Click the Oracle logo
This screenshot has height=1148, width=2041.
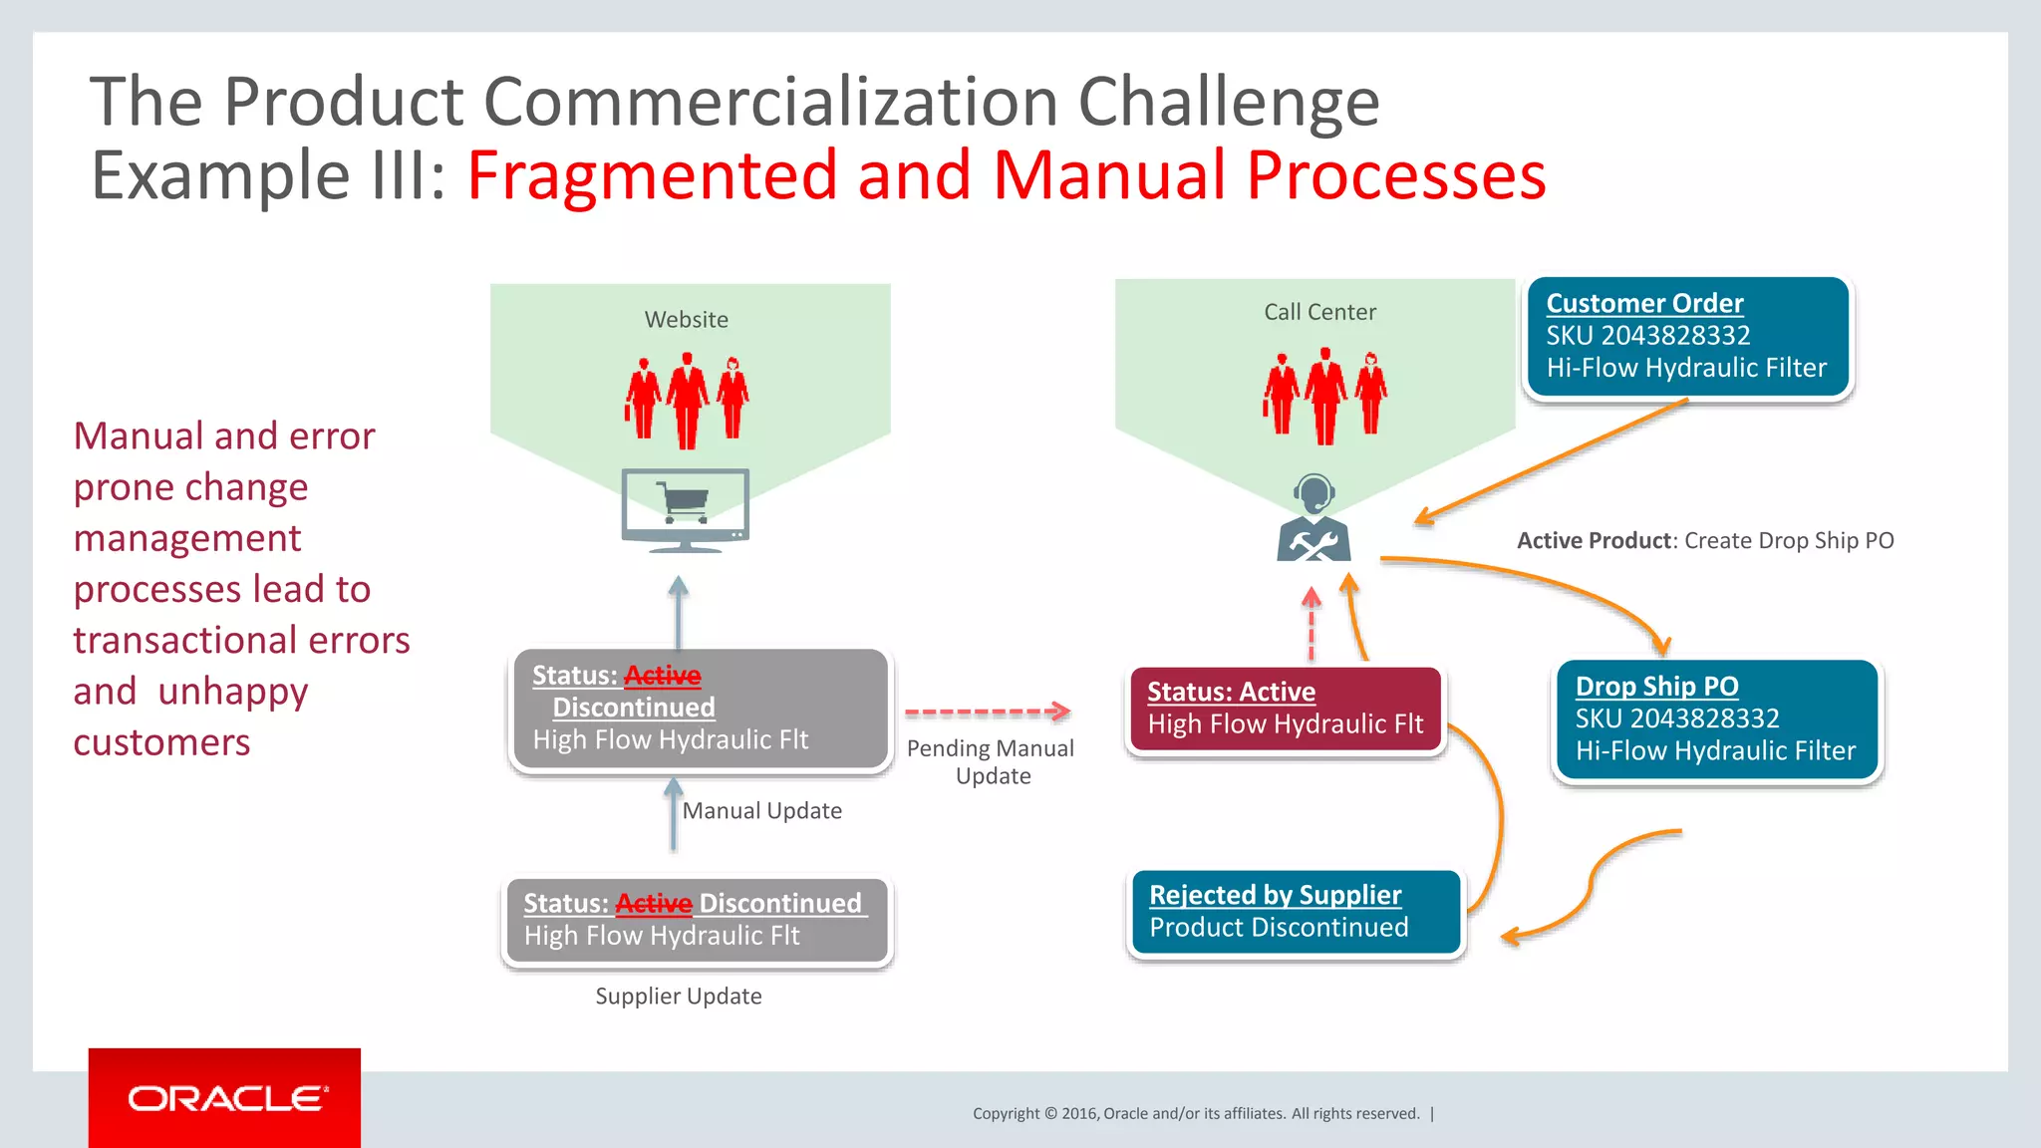coord(225,1098)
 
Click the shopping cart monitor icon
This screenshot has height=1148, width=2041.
coord(685,509)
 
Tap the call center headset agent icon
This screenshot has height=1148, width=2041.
coord(1313,519)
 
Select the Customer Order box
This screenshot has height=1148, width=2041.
coord(1687,337)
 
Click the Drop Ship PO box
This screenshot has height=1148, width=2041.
coord(1715,719)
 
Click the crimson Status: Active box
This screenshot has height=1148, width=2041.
coord(1285,709)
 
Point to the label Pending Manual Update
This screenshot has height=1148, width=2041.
coord(991,762)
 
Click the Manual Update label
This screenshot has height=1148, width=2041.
coord(761,811)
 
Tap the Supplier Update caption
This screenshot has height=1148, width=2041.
coord(678,997)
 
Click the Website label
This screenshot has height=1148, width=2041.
coord(686,320)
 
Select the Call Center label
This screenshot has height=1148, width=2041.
coord(1319,312)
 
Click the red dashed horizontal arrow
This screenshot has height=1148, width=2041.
coord(987,712)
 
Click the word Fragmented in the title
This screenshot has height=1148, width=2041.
coord(652,175)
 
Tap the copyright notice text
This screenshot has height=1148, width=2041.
coord(1196,1114)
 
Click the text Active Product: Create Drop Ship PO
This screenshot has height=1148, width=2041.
coord(1704,541)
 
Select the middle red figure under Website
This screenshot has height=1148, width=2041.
coord(687,400)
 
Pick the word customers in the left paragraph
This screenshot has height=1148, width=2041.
coord(161,742)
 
